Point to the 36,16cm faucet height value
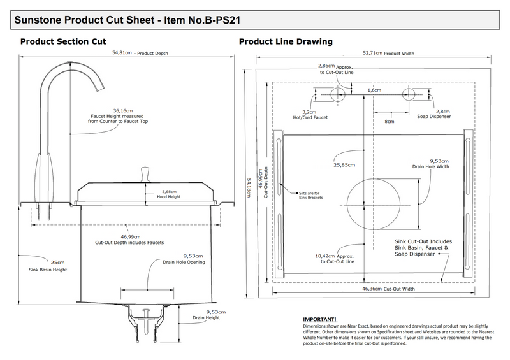pyautogui.click(x=122, y=110)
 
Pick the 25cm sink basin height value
pyautogui.click(x=58, y=263)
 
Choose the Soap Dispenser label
pyautogui.click(x=433, y=117)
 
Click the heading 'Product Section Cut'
pyautogui.click(x=63, y=41)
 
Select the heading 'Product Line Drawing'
pyautogui.click(x=285, y=41)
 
